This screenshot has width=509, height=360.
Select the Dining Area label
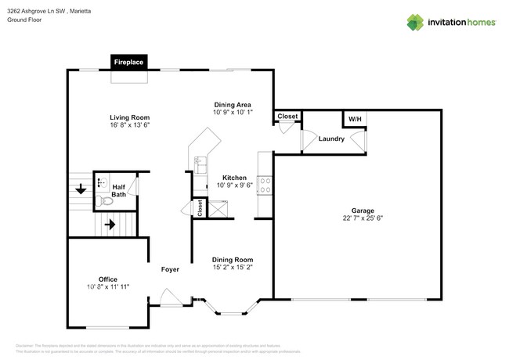233,104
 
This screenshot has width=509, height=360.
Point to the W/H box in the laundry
355,119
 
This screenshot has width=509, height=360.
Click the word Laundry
331,139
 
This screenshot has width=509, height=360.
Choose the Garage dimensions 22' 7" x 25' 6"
362,218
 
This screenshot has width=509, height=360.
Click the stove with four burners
265,185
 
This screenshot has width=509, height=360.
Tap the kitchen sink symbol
199,164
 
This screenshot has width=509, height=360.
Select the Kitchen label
234,178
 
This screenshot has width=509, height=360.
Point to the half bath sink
102,182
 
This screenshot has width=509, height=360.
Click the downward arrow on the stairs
81,189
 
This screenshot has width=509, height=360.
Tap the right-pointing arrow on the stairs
110,224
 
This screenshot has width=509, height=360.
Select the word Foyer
170,269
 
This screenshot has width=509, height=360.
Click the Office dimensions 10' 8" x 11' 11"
108,287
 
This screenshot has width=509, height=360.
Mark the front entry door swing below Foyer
169,298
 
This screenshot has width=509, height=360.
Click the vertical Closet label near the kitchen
200,208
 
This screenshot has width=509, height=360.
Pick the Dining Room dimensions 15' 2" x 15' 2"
233,267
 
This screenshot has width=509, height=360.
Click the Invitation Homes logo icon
415,22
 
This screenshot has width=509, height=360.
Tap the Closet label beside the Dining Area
287,117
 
